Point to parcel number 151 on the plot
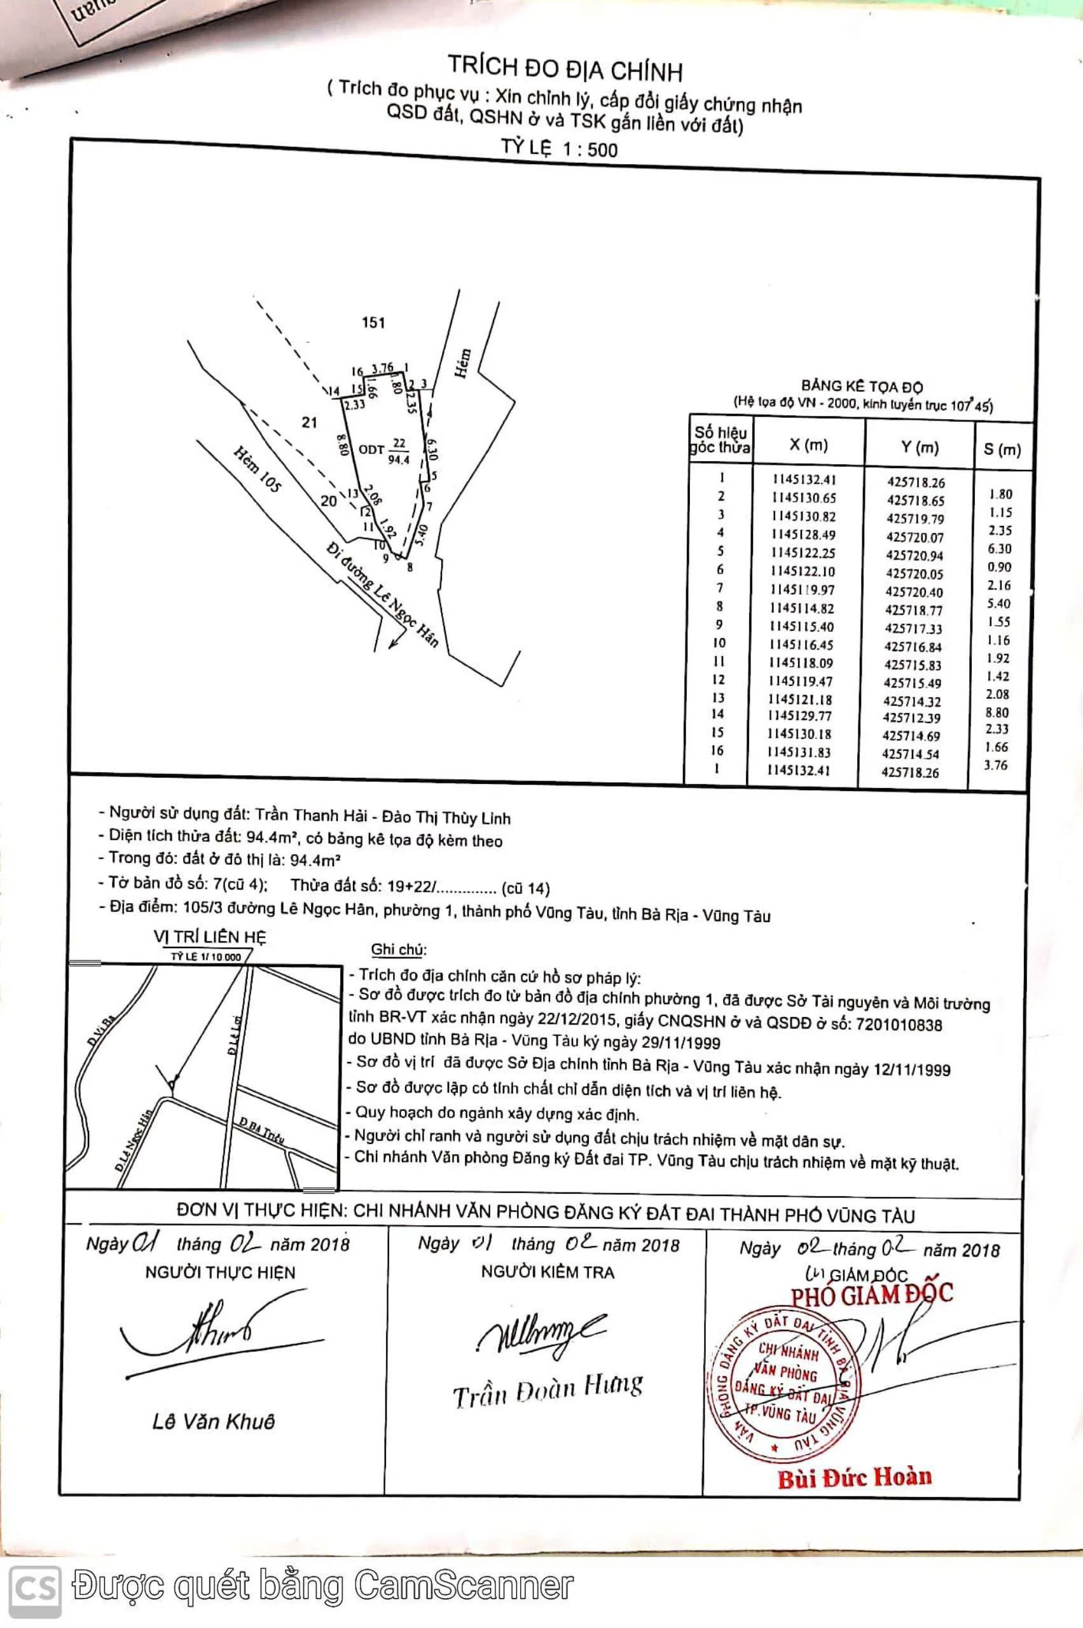tap(373, 322)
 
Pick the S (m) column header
tap(1002, 450)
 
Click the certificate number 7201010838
tap(898, 1024)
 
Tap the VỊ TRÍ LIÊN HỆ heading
tap(210, 937)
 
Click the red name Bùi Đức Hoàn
tap(855, 1477)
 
